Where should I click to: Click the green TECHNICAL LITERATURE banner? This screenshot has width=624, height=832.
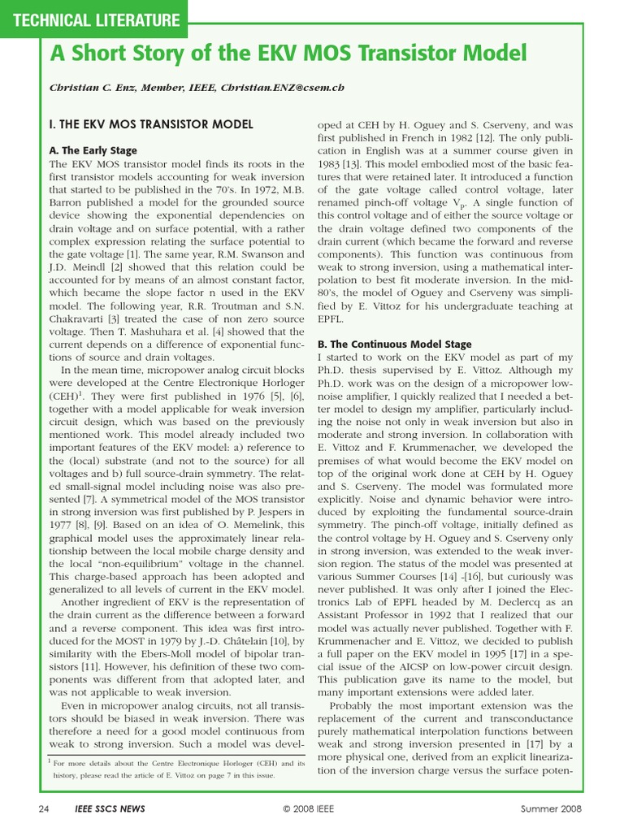pos(93,19)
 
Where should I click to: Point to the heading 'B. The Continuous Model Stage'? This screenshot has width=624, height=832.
pos(394,344)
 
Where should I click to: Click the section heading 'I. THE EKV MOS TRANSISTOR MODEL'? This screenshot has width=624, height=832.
pos(151,124)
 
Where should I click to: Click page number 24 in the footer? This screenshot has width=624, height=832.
pos(45,809)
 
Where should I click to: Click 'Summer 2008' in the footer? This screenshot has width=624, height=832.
pos(551,809)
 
